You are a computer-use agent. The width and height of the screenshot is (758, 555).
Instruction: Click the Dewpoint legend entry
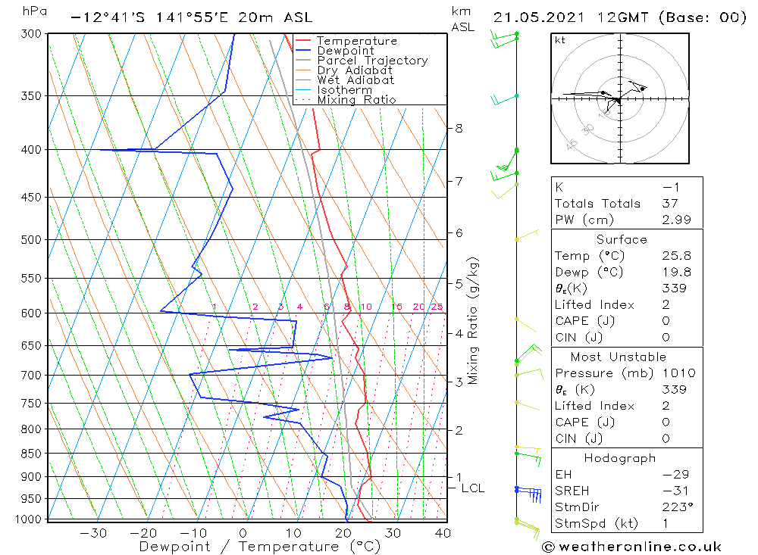345,51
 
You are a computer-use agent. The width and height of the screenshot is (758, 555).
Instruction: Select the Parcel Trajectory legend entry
372,61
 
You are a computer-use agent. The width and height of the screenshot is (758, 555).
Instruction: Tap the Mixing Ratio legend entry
356,99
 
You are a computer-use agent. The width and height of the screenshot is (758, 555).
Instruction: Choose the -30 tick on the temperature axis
93,533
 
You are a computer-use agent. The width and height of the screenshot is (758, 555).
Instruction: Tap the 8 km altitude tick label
459,128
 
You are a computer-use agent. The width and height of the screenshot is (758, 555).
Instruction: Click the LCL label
472,488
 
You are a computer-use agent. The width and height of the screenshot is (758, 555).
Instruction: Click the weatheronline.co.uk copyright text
631,547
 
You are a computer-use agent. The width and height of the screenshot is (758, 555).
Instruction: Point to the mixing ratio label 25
437,307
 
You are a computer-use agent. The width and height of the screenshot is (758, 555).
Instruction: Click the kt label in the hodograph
560,40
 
